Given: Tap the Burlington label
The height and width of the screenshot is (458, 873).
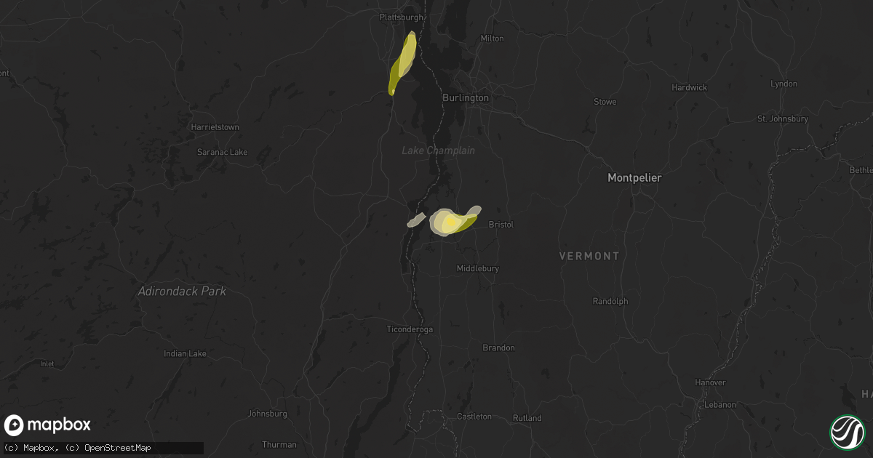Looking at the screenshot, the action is click(466, 97).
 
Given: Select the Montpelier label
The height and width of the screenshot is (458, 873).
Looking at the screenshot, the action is click(634, 177).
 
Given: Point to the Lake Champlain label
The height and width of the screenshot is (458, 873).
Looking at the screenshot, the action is click(438, 150).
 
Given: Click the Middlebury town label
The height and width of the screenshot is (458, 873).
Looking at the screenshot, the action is click(477, 268).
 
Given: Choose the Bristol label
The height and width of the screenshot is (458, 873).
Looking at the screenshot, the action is click(501, 225).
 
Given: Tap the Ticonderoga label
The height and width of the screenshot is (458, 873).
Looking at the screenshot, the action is click(410, 329).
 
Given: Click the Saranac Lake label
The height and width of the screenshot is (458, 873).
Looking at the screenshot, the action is click(223, 153).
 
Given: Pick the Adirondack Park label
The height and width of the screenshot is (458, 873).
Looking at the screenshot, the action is click(182, 292).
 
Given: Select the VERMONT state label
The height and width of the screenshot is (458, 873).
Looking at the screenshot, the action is click(589, 256).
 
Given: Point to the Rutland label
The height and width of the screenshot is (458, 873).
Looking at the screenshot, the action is click(527, 418).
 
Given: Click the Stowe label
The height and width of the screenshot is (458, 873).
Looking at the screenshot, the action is click(605, 102).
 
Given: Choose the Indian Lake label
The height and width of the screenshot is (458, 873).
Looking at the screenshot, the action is click(185, 353).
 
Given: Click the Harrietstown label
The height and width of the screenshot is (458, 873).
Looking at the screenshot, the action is click(215, 127).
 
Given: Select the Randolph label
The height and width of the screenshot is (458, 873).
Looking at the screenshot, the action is click(610, 301).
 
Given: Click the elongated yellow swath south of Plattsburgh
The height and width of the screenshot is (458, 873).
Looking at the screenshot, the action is click(403, 64).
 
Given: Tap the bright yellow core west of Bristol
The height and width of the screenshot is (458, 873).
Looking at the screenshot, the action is click(450, 221).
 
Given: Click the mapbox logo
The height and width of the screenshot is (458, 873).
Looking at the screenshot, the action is click(47, 425).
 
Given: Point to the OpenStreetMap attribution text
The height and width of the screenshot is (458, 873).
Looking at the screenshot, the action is click(118, 448).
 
